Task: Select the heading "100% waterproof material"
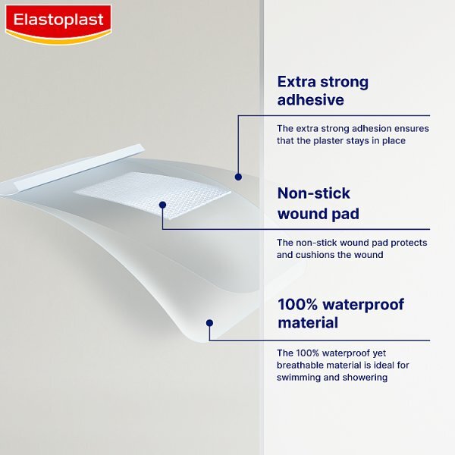click(340, 314)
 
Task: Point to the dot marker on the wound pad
click(163, 204)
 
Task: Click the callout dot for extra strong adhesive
click(238, 177)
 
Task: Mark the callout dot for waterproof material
click(210, 322)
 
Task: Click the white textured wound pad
click(152, 193)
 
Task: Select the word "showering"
click(366, 377)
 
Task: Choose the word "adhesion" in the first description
click(367, 128)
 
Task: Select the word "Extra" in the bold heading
click(296, 81)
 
